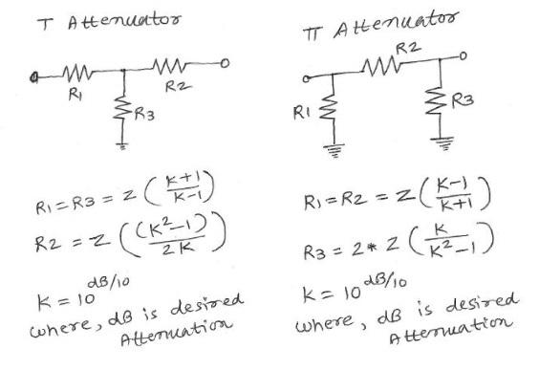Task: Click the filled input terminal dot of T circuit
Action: pyautogui.click(x=34, y=73)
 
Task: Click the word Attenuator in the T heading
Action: pyautogui.click(x=113, y=21)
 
